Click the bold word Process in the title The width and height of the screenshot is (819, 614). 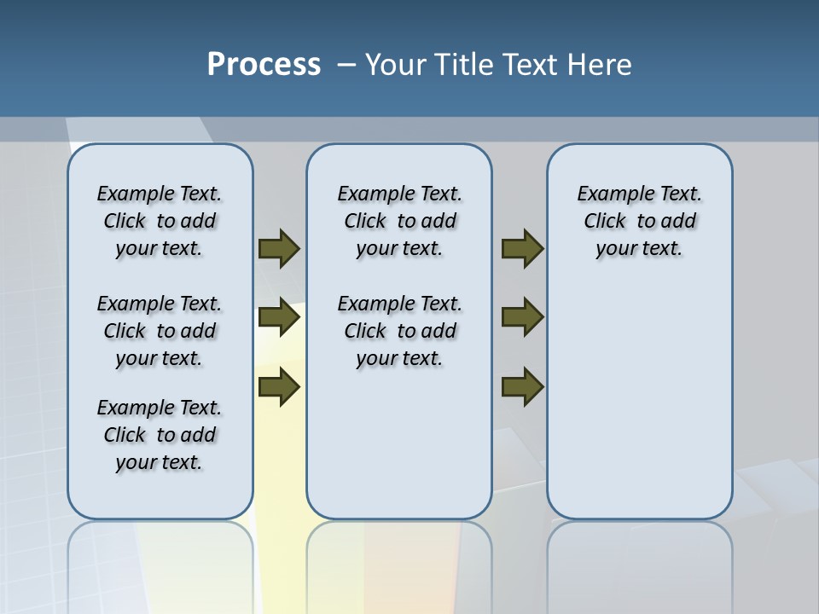click(264, 65)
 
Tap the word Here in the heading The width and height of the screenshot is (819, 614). click(600, 65)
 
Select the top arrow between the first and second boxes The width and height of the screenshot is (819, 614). click(279, 248)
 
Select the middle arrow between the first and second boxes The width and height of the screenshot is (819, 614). click(279, 318)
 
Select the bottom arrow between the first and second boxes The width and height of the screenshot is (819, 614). click(279, 387)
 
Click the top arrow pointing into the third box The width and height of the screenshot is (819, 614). click(522, 248)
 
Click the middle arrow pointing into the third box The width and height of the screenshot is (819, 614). click(522, 318)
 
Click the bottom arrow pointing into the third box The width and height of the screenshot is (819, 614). click(522, 387)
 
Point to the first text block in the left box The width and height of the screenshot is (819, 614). click(160, 221)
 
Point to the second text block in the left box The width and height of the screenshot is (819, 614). click(160, 331)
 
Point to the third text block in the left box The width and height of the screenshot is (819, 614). click(160, 435)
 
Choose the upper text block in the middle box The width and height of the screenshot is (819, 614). click(399, 221)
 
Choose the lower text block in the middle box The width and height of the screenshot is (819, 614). click(399, 331)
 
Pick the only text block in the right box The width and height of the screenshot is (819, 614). click(639, 221)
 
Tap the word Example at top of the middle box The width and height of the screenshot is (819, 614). click(369, 194)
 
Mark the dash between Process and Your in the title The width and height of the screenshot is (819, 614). click(346, 65)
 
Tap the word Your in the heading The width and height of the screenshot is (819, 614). click(397, 65)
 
